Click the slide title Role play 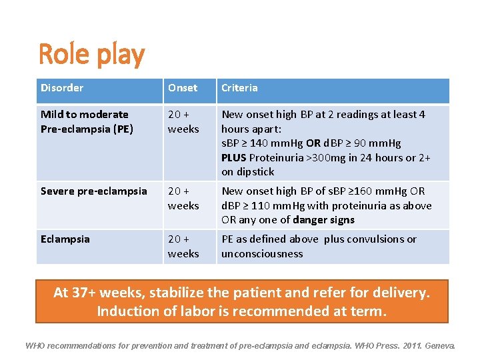pyautogui.click(x=91, y=55)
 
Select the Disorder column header pyautogui.click(x=62, y=88)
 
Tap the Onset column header pyautogui.click(x=183, y=88)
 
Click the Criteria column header pyautogui.click(x=239, y=88)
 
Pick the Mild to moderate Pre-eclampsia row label pyautogui.click(x=87, y=121)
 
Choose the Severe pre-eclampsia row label pyautogui.click(x=93, y=191)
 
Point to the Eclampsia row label pyautogui.click(x=65, y=239)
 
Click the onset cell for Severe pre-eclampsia pyautogui.click(x=183, y=198)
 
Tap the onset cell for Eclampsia pyautogui.click(x=183, y=246)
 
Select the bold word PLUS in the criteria pyautogui.click(x=234, y=157)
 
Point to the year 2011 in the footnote pyautogui.click(x=405, y=346)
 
